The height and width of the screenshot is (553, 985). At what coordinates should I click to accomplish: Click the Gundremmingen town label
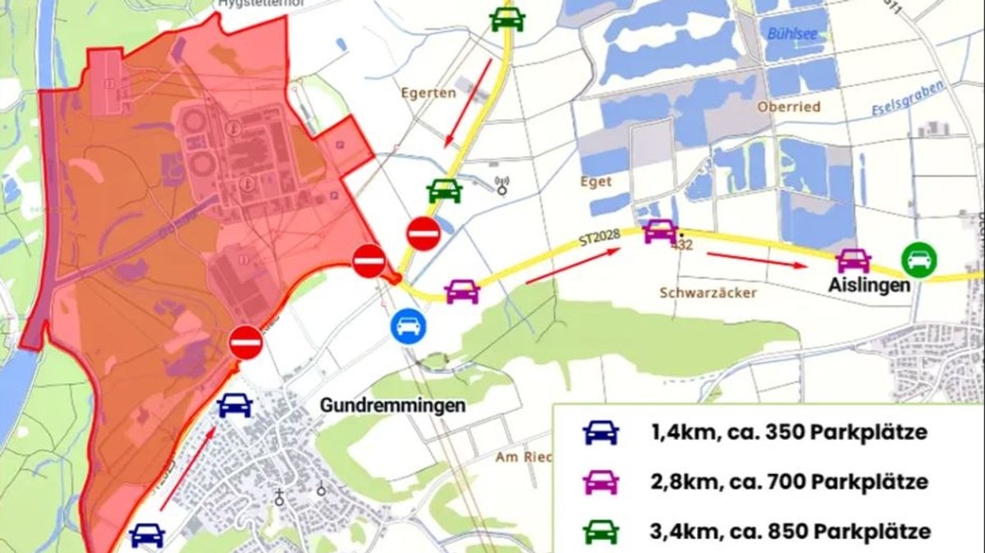[x=392, y=405]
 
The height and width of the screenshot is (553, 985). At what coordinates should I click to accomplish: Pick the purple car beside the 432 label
[x=661, y=231]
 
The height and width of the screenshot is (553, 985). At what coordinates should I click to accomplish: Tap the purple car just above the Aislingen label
[x=854, y=261]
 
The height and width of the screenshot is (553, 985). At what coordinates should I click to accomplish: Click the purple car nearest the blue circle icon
[x=462, y=290]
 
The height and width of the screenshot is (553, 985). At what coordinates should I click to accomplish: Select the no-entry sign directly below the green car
[x=424, y=234]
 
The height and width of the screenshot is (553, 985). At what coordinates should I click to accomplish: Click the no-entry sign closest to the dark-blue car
[x=245, y=341]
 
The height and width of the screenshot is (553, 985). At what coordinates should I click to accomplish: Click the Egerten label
[x=428, y=94]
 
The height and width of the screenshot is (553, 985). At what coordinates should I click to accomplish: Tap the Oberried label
[x=789, y=107]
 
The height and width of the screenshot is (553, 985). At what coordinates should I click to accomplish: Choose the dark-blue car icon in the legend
[x=601, y=432]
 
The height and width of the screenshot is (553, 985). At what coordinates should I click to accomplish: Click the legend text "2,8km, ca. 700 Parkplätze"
[x=789, y=482]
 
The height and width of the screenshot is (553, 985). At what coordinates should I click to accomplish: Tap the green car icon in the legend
[x=601, y=531]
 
